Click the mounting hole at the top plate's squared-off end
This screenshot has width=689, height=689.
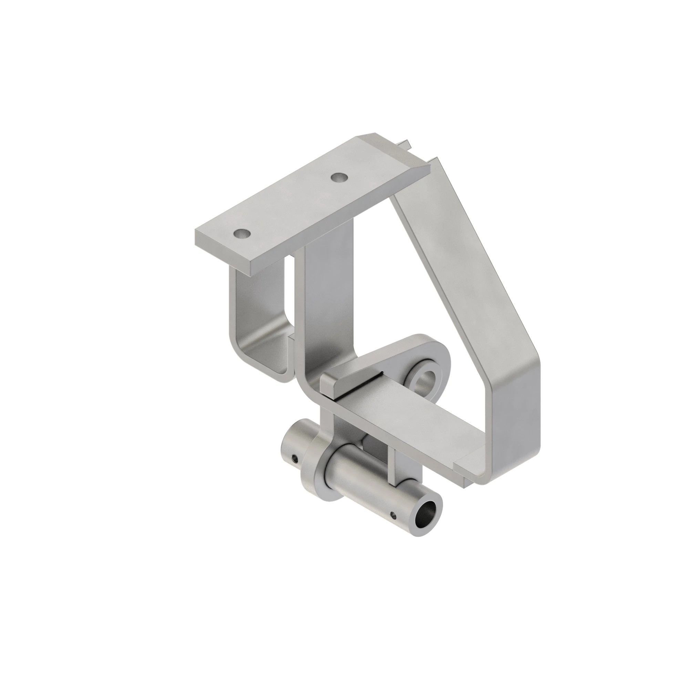tap(242, 234)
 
